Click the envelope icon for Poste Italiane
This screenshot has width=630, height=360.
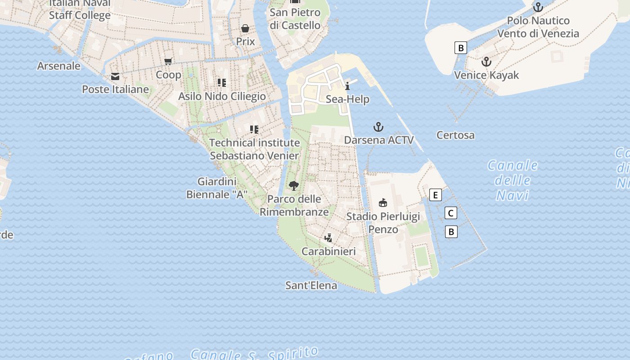pos(115,76)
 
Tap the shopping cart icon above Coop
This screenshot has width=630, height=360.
pos(168,62)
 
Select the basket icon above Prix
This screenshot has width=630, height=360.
pos(245,29)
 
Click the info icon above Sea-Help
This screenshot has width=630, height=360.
pos(347,86)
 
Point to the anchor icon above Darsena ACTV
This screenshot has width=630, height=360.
pos(378,127)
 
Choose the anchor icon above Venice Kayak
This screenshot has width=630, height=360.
pos(486,62)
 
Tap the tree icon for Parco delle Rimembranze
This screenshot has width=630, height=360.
pos(294,185)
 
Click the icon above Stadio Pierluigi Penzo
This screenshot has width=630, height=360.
pos(382,202)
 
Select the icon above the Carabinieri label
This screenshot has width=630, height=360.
pos(328,238)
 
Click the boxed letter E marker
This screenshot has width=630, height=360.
pos(435,195)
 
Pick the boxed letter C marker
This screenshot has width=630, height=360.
pos(450,213)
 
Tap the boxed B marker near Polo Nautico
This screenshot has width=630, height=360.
pos(460,48)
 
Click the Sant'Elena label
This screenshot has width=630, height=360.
pos(311,285)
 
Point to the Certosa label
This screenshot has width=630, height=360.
pos(455,135)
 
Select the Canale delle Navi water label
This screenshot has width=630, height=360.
pos(513,180)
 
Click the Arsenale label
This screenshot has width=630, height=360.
pos(58,66)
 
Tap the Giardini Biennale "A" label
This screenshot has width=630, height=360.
pos(217,188)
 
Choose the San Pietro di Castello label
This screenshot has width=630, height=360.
pos(295,19)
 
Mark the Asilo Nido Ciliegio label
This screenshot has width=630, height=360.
pos(222,96)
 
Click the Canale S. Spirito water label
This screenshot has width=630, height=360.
pos(254,354)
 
